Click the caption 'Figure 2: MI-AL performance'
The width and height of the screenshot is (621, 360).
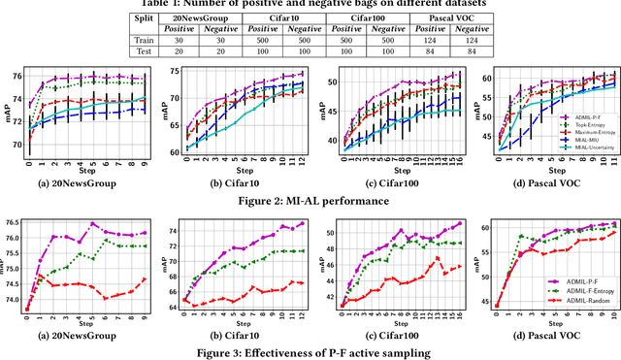310,201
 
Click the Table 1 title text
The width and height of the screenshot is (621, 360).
310,5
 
